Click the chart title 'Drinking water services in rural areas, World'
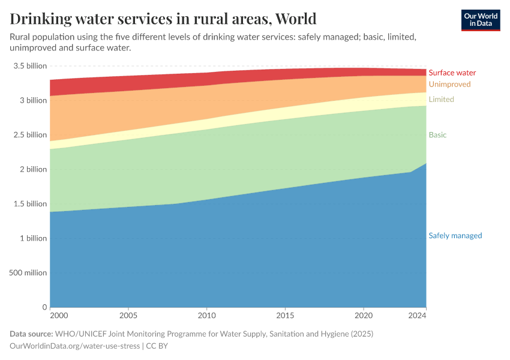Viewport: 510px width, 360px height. point(163,19)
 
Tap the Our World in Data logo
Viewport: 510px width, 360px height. point(480,20)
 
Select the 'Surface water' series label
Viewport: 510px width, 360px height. point(452,73)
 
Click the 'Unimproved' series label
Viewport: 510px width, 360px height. point(449,85)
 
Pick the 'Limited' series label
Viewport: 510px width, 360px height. point(441,100)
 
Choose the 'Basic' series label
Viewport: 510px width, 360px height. point(437,136)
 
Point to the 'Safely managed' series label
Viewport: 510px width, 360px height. point(455,236)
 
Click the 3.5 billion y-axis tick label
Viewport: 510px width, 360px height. point(29,66)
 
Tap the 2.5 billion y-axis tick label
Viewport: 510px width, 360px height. point(29,135)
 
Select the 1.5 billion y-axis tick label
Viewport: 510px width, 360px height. point(29,204)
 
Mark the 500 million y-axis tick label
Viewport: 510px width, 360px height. point(28,273)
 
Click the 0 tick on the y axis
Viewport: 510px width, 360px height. point(44,307)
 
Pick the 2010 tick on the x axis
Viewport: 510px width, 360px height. point(206,315)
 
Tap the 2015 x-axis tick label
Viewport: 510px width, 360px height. point(285,315)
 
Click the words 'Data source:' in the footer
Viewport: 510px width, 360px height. point(31,334)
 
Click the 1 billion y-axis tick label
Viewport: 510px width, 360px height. point(34,238)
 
